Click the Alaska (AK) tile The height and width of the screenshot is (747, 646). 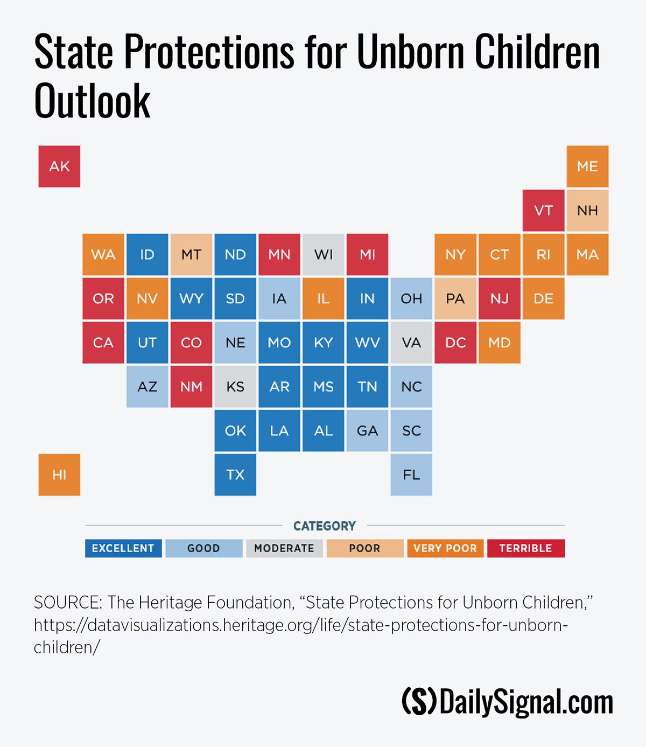coord(59,166)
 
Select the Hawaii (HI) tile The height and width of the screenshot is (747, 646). coord(59,474)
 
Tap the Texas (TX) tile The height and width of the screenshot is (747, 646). coord(235,474)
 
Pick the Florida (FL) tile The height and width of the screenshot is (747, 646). coord(411,474)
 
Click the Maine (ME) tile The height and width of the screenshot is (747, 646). coord(587,166)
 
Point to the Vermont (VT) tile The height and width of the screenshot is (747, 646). coord(543,211)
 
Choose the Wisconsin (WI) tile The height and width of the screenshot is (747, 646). coord(324,254)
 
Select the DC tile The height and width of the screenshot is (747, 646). coord(455,343)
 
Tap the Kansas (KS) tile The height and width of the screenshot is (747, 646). coord(235,387)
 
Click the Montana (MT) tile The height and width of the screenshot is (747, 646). coord(191,254)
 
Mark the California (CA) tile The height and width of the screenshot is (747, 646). coord(103,343)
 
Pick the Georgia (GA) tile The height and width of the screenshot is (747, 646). coord(367,430)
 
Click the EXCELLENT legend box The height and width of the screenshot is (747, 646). coord(123,548)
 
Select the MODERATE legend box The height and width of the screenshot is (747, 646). coord(284,548)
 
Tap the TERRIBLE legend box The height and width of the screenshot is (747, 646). coord(525,548)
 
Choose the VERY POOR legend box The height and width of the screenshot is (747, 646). coord(445,548)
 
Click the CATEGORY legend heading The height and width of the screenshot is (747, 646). coord(325,526)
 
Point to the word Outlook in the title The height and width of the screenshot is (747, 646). coord(93,101)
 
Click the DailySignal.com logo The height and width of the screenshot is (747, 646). coord(508,702)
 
